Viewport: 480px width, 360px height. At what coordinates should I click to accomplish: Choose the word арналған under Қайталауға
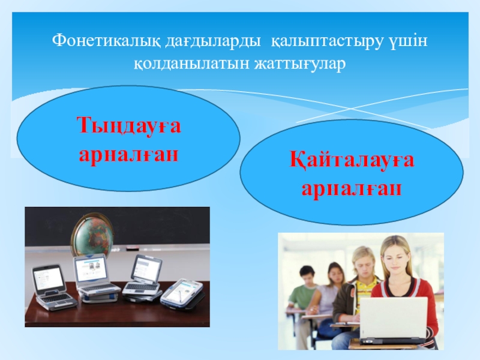click(352, 188)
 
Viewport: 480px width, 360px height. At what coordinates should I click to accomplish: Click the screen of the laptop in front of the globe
click(91, 268)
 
